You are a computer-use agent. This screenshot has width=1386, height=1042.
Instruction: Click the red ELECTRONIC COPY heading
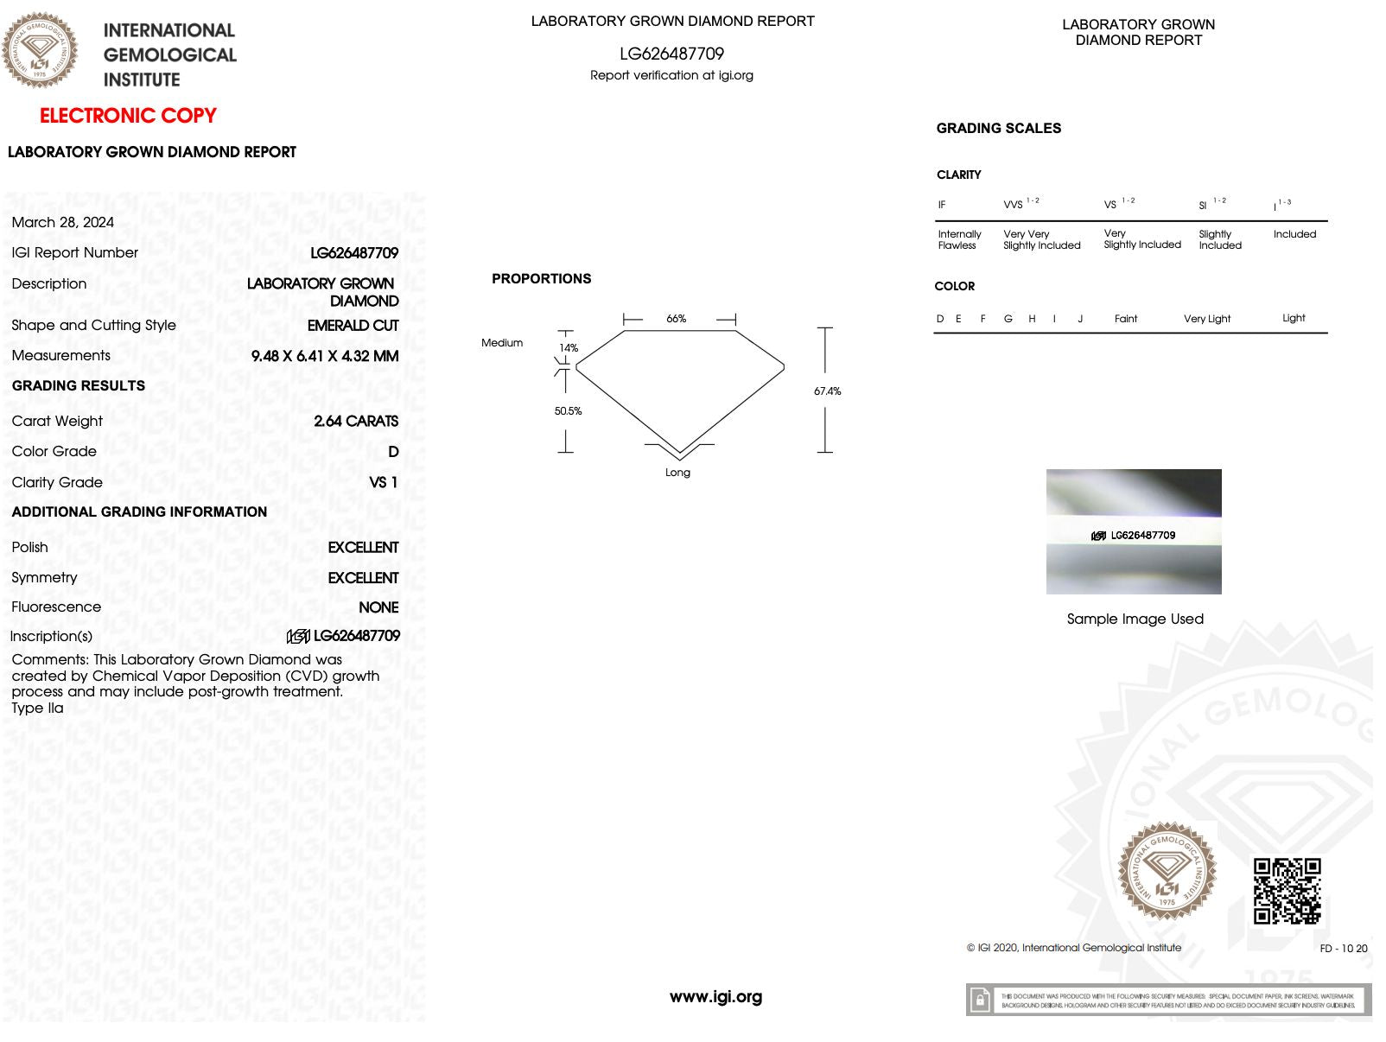click(x=128, y=116)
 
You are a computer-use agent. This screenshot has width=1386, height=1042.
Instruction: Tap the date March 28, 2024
click(x=63, y=222)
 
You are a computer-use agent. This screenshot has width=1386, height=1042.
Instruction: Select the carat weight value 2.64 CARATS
click(x=356, y=421)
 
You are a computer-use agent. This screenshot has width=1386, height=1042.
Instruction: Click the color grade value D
click(x=393, y=452)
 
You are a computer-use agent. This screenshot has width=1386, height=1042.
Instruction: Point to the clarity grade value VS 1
click(x=383, y=482)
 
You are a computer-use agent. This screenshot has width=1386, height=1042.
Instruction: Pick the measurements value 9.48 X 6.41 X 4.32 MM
click(x=325, y=356)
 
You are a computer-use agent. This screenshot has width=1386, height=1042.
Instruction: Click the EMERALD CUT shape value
click(x=353, y=326)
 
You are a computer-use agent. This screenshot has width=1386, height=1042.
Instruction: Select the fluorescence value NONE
click(x=378, y=607)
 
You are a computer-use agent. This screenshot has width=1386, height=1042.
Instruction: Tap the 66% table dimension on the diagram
click(x=676, y=319)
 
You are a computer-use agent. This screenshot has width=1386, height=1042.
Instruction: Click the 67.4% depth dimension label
click(x=827, y=391)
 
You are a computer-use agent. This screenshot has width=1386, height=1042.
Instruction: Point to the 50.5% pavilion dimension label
click(x=568, y=411)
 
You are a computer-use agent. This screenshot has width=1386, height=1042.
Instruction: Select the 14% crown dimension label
click(x=568, y=348)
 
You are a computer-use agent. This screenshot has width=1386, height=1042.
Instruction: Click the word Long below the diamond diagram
click(x=677, y=473)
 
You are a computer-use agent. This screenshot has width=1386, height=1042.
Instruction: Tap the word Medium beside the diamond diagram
click(x=502, y=343)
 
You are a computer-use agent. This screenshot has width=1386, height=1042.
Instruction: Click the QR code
click(x=1287, y=891)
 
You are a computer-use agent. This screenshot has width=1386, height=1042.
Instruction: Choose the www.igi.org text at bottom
click(x=715, y=997)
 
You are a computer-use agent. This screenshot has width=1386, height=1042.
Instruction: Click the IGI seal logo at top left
click(x=40, y=50)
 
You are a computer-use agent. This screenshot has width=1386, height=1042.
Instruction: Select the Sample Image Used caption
click(x=1135, y=619)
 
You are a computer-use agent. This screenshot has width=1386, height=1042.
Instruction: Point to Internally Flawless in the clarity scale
click(x=959, y=239)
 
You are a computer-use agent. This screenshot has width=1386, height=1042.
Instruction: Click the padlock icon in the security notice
click(x=980, y=1001)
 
